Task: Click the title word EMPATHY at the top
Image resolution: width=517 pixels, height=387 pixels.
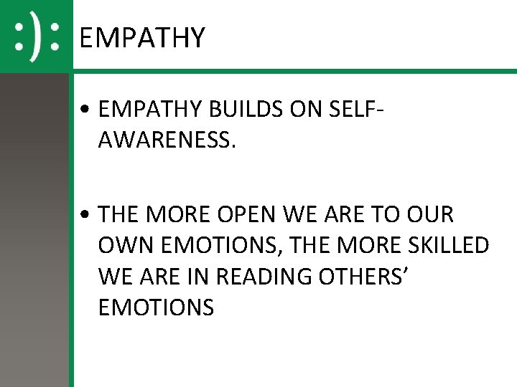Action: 142,37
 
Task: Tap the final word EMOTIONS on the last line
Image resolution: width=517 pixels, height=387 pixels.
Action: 156,308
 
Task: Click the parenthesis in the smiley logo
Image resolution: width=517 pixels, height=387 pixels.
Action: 35,37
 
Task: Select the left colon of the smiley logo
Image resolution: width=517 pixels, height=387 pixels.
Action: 19,37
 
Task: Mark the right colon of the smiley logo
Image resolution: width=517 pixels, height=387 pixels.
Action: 53,37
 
